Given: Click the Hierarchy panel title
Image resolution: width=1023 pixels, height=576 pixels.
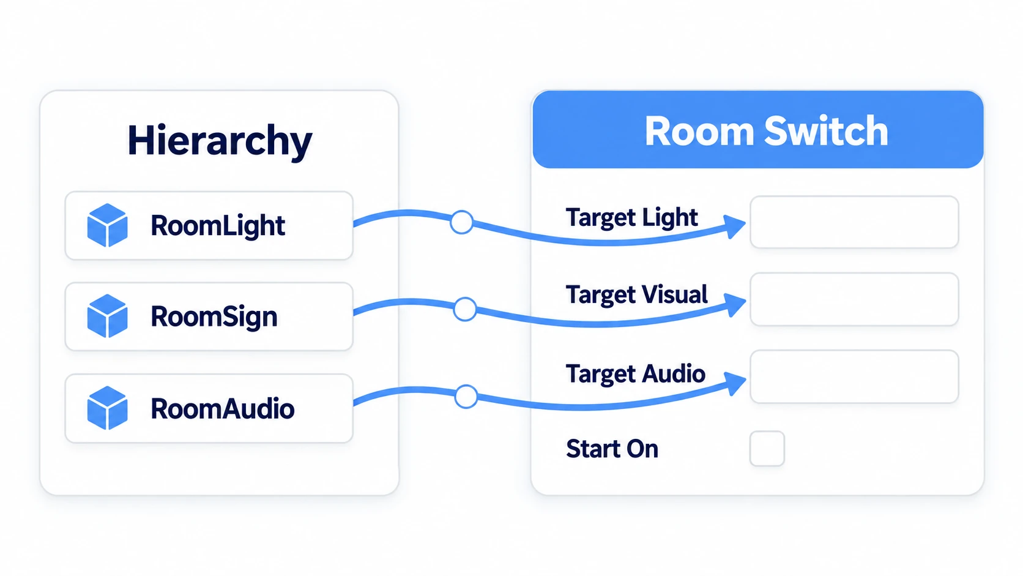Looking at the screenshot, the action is [220, 141].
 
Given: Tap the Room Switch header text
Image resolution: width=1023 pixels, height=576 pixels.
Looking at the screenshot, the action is [767, 131].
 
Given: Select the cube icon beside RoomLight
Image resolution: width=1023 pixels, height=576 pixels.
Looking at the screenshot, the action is [107, 225].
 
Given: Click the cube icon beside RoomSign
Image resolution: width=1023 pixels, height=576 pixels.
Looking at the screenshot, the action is [107, 316].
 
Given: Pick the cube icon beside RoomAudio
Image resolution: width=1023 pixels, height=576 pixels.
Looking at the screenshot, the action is [107, 408].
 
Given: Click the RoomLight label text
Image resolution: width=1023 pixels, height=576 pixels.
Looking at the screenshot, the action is [218, 226].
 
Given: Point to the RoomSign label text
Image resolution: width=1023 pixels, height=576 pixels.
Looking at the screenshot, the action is [214, 317].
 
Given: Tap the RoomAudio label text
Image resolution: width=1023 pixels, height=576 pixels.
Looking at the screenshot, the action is [223, 408].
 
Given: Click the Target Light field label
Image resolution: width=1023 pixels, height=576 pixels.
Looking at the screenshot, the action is [631, 218].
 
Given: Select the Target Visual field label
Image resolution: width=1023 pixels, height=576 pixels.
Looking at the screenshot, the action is [637, 294].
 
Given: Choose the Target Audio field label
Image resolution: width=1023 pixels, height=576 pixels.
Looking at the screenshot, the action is [635, 373].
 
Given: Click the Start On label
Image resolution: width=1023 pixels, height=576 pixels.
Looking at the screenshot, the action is [612, 449].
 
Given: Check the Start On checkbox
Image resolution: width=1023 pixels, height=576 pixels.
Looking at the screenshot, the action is [767, 449].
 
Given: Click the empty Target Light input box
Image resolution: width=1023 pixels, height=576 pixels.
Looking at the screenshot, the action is [854, 222].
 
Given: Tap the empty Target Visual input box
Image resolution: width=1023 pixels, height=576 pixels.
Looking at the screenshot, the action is [854, 299].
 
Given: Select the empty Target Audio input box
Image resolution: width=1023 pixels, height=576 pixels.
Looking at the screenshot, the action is [854, 376].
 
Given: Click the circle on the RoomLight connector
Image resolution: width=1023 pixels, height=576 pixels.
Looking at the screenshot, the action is [462, 222].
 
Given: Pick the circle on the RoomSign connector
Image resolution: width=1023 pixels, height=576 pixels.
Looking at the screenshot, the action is [465, 309].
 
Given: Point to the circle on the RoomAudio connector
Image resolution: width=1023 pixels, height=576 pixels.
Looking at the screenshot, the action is [466, 396].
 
